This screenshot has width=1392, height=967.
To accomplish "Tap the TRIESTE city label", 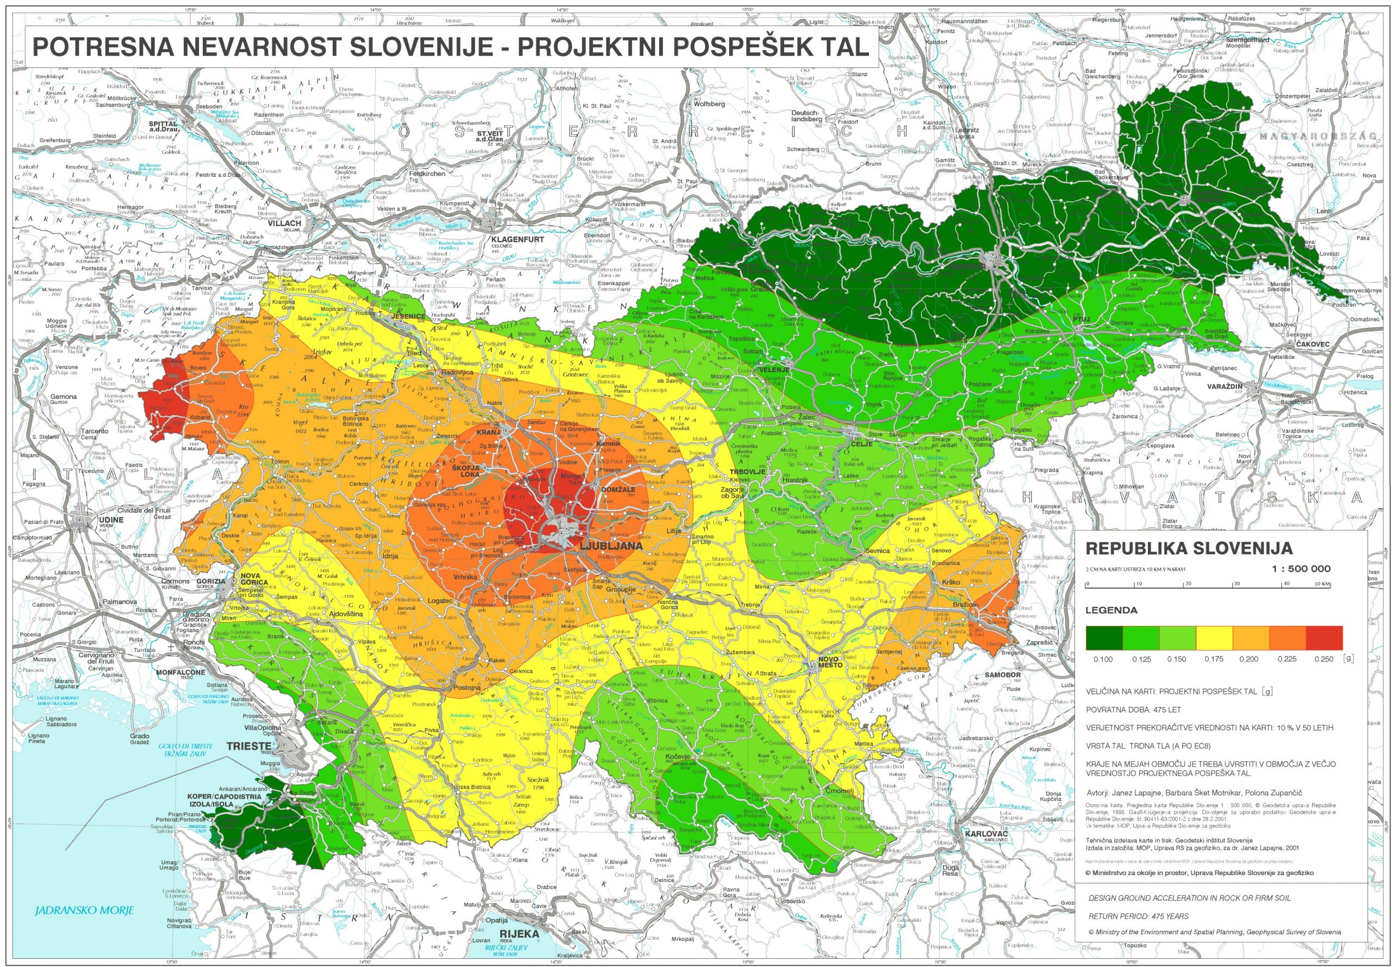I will (x=248, y=746).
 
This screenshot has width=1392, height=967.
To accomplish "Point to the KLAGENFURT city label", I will (x=517, y=239).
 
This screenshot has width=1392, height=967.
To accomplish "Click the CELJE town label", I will (x=862, y=443).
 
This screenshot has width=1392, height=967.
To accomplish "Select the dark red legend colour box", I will (x=1323, y=637).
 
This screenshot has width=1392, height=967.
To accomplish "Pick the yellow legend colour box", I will (x=1214, y=637).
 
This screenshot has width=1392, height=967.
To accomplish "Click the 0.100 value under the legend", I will (x=1103, y=659).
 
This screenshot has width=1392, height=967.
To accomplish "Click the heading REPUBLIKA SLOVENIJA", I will (x=1189, y=548).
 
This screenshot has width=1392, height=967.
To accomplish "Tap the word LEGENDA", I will (x=1111, y=610).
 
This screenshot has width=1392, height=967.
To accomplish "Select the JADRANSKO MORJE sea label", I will (x=84, y=910).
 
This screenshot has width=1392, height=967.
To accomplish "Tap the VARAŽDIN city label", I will (x=1224, y=386).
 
